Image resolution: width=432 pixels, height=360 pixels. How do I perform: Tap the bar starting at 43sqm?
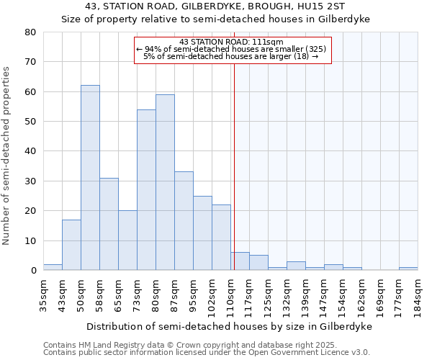tap(71, 245)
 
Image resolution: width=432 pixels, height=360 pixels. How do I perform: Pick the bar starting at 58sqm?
tap(109, 224)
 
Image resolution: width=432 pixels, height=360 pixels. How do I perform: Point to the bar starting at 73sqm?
tap(146, 190)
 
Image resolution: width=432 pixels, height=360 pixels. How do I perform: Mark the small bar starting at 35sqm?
tap(53, 267)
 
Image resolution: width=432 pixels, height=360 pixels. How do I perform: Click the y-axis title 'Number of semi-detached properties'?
tap(7, 155)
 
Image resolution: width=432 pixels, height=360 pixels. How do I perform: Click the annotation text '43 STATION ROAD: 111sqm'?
tap(232, 42)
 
